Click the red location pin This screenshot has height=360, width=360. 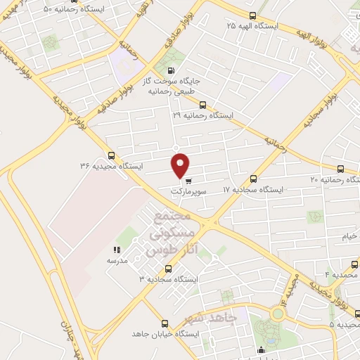click(x=181, y=165)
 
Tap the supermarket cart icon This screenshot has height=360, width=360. click(x=188, y=179)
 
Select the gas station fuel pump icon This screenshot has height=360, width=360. click(x=171, y=70)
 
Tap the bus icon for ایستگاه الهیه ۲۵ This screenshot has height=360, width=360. click(x=253, y=15)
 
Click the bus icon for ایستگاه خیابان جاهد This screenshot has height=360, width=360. click(x=165, y=323)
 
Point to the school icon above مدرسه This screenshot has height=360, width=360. click(x=117, y=249)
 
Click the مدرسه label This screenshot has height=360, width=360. click(x=116, y=260)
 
